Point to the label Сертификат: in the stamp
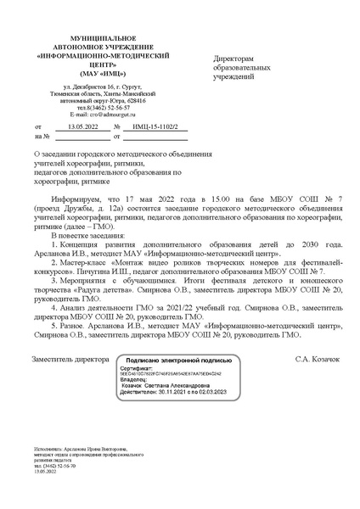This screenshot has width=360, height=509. (x=135, y=369)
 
